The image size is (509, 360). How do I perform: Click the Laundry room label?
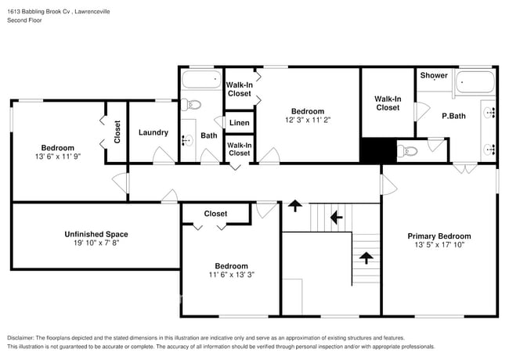(153, 132)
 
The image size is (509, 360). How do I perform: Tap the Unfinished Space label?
(96, 234)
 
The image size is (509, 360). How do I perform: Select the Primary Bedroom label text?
(439, 236)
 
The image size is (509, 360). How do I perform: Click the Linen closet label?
(240, 123)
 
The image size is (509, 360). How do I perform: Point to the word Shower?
(434, 76)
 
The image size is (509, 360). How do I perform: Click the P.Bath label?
(454, 116)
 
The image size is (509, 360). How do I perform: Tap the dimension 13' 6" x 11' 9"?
(58, 157)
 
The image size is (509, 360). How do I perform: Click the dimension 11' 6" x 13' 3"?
(231, 275)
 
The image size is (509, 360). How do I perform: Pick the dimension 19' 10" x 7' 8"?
(96, 243)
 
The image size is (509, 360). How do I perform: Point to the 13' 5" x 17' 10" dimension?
(439, 245)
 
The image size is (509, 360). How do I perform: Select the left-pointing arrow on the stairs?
(337, 216)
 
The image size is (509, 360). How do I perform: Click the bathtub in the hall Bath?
(201, 79)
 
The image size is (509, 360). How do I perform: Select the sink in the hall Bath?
(187, 141)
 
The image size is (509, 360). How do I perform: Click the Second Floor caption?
(26, 20)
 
